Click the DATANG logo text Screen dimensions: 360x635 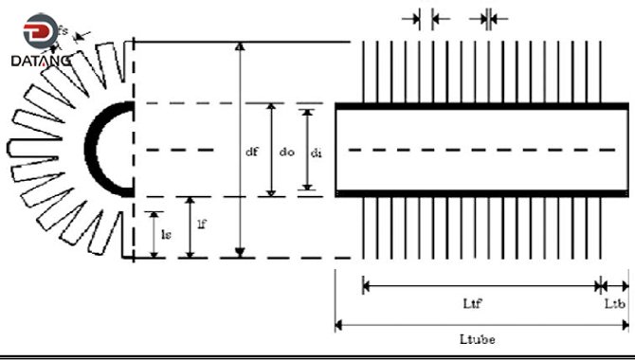pos(39,59)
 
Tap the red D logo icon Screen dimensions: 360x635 pos(41,32)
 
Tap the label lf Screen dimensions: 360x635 pos(201,225)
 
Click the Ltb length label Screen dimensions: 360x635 pos(614,302)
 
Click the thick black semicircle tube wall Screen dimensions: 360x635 pos(94,149)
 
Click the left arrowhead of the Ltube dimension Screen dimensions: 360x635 pos(339,325)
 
